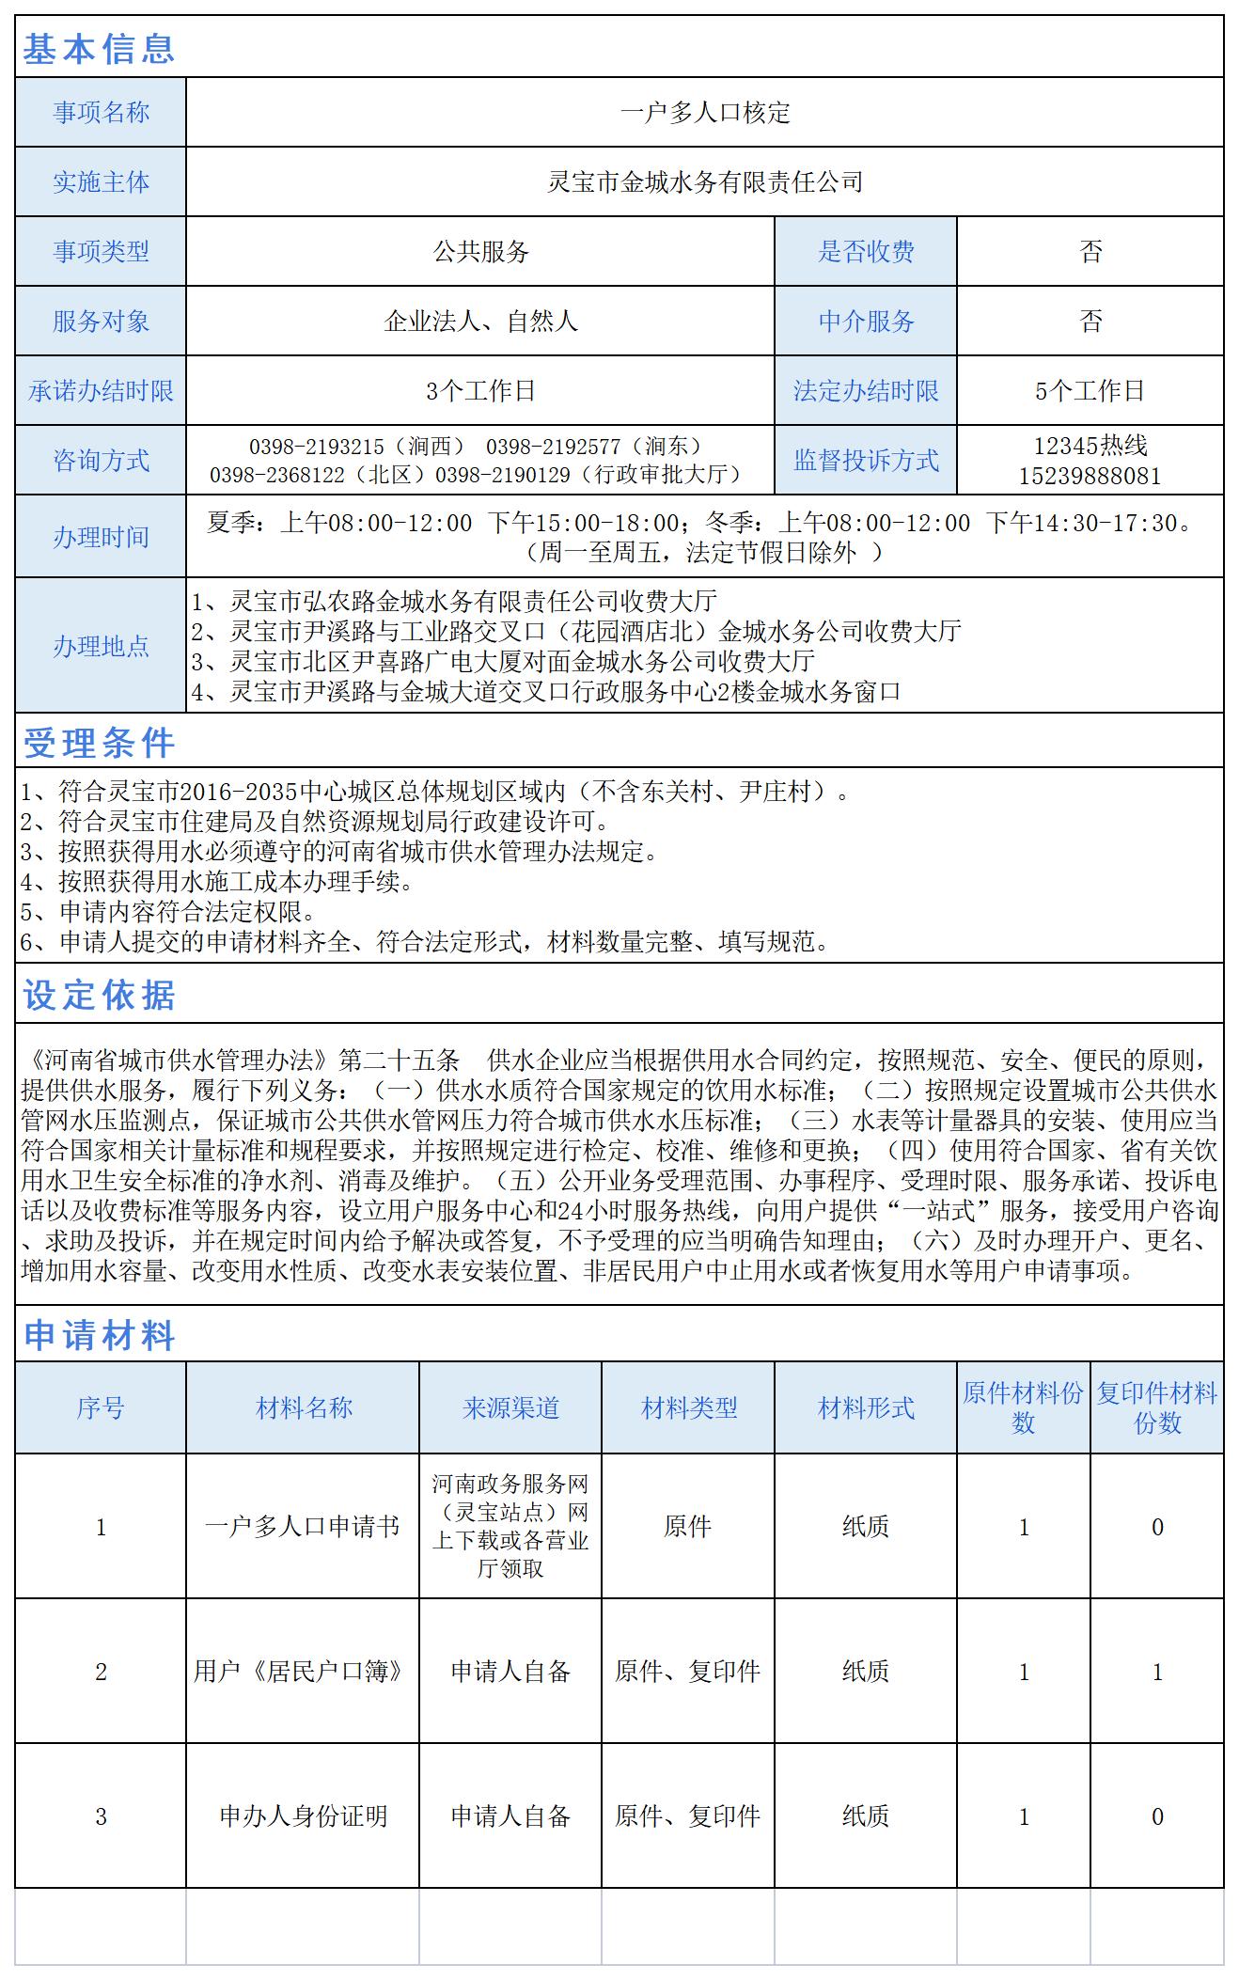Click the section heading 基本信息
coord(99,48)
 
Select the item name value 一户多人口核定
coord(705,113)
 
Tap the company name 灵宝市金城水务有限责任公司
coord(705,182)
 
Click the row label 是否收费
coord(866,252)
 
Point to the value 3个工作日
coord(480,391)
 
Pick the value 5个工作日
coord(1090,391)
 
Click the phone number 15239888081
coord(1090,476)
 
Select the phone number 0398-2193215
coord(316,447)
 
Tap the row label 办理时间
coord(101,537)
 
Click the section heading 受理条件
coord(99,743)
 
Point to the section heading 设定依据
coord(99,996)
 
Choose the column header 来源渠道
coord(510,1407)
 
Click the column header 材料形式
coord(866,1407)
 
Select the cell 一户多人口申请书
coord(303,1527)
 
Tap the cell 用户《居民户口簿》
coord(303,1672)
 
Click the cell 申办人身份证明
coord(303,1816)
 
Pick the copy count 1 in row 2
coord(1157,1672)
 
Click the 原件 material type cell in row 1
coord(688,1527)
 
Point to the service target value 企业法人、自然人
coord(480,322)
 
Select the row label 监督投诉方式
coord(866,461)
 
